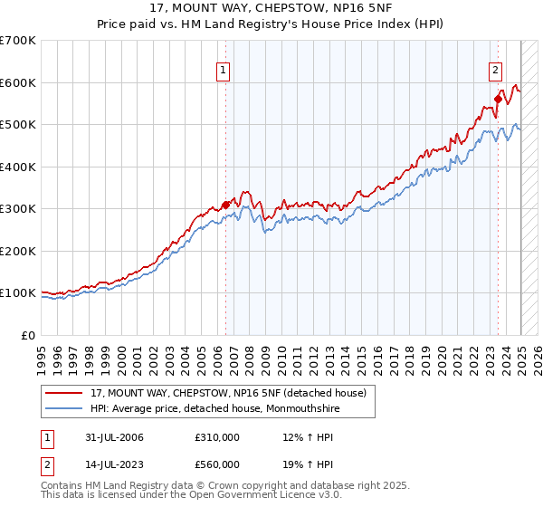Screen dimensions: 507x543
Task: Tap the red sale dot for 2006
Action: click(225, 205)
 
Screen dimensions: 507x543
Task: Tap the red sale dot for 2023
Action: click(498, 100)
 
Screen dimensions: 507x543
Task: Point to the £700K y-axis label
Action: click(18, 41)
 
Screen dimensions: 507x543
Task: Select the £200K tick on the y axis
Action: click(18, 251)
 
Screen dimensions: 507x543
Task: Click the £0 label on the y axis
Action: click(27, 335)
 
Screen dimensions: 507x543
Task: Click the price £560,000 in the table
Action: click(217, 464)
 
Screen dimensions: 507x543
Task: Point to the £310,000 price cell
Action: click(217, 438)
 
